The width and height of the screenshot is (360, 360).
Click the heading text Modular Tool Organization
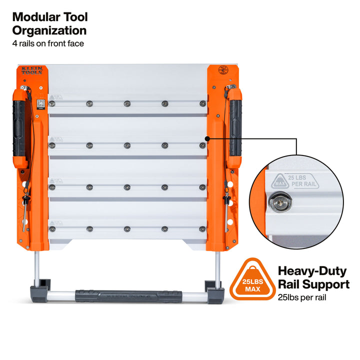[x=50, y=23]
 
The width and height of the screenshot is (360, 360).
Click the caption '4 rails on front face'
[x=48, y=43]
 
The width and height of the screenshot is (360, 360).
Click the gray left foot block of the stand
[x=40, y=288]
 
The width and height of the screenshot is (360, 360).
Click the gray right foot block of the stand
[x=214, y=288]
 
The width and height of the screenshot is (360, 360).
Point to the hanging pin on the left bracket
[x=23, y=208]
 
